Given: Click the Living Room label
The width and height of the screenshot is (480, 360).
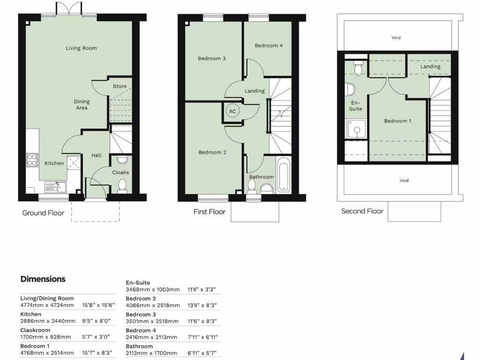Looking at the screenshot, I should click(81, 48).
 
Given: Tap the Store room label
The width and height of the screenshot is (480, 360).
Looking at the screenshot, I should click(120, 86).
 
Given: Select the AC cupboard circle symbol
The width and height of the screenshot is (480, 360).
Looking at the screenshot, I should click(232, 111).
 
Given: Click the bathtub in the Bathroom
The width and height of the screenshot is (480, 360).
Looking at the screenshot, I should click(284, 175).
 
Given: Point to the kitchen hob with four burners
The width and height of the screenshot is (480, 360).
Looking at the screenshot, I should click(32, 160).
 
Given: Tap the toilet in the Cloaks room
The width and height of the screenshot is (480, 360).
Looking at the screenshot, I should click(122, 185).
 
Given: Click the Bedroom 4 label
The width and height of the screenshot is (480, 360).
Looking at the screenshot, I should click(269, 45).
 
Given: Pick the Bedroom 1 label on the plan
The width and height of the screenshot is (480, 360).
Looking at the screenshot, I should click(397, 121).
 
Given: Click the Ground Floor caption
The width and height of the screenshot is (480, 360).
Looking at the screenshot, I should click(43, 213).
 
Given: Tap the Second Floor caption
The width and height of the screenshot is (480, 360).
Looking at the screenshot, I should click(362, 211).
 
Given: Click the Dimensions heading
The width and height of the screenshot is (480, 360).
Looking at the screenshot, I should click(43, 279).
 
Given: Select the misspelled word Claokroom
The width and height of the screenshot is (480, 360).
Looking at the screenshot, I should click(35, 330).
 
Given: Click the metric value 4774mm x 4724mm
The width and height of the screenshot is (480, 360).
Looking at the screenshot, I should click(47, 305).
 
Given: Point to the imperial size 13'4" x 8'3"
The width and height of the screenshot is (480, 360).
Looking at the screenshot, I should click(203, 305).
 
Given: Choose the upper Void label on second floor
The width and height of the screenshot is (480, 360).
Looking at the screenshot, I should click(396, 37).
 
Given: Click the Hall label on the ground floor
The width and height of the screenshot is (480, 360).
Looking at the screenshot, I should click(96, 155).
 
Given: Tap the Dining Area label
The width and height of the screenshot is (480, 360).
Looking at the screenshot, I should click(82, 105).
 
